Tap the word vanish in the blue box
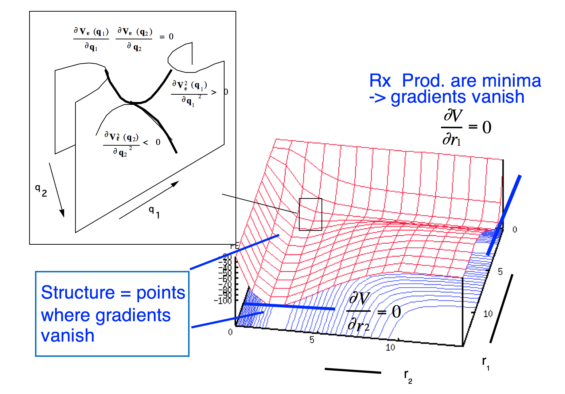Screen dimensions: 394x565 click(x=68, y=335)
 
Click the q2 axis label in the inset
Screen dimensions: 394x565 click(x=41, y=190)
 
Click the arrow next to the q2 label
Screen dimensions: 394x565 click(x=56, y=190)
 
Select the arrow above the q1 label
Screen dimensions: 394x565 click(x=149, y=200)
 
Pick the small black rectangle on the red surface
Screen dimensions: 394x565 click(x=310, y=214)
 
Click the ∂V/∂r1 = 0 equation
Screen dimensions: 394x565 click(x=466, y=127)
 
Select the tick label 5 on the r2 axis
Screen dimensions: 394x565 click(x=312, y=340)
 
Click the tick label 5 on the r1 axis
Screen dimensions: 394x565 click(x=500, y=272)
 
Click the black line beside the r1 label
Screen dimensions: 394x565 click(x=501, y=308)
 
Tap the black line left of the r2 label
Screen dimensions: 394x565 click(x=352, y=371)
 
